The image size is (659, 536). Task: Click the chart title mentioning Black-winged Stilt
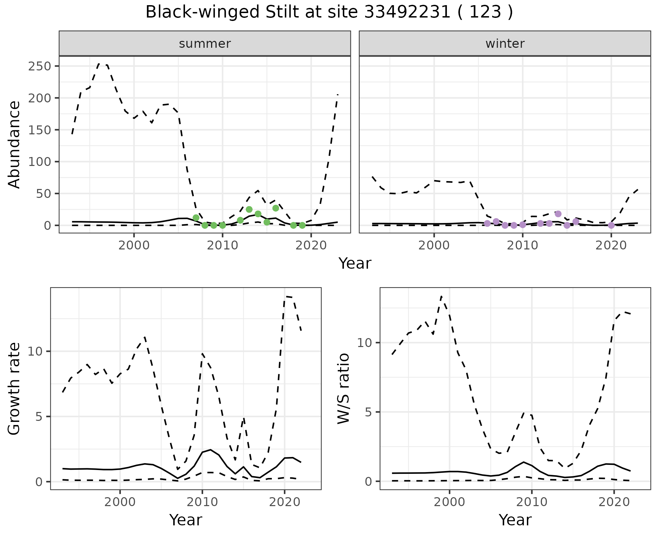click(329, 12)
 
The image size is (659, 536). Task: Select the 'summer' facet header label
click(205, 44)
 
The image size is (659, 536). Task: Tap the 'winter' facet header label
click(505, 44)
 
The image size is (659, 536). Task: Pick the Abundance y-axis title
click(14, 145)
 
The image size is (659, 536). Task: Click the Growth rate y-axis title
click(14, 389)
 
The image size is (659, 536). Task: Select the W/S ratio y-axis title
click(344, 389)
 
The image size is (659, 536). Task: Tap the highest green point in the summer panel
click(276, 208)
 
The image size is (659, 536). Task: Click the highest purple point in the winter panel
click(558, 214)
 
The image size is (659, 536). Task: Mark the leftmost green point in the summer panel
click(196, 218)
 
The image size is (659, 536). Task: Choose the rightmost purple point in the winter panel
click(611, 225)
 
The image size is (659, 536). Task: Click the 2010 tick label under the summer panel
click(222, 246)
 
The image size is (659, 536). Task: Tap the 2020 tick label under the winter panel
click(611, 246)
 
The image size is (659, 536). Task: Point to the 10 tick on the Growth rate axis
click(38, 351)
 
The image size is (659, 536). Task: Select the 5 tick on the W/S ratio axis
click(368, 412)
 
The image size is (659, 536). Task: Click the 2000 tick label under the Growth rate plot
click(120, 502)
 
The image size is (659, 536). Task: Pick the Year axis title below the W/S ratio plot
click(515, 520)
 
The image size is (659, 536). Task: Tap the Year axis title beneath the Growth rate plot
click(186, 520)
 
